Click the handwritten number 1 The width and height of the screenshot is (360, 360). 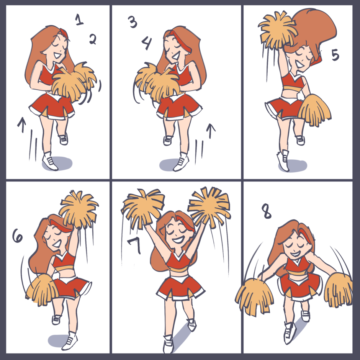[79, 20]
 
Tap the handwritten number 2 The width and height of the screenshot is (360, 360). [93, 39]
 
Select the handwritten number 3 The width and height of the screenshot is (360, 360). [133, 22]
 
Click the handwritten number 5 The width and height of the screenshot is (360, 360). [335, 55]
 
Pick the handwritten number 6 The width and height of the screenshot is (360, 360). [18, 236]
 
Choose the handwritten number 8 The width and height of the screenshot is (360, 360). [267, 211]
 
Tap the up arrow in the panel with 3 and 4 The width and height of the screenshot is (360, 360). [211, 131]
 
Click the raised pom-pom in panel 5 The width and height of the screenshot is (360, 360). [277, 30]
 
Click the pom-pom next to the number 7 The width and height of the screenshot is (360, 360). [143, 208]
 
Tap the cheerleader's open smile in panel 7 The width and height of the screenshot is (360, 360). [178, 240]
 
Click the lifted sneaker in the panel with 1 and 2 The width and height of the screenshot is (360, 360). [63, 139]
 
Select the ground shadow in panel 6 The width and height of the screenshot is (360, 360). [59, 340]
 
